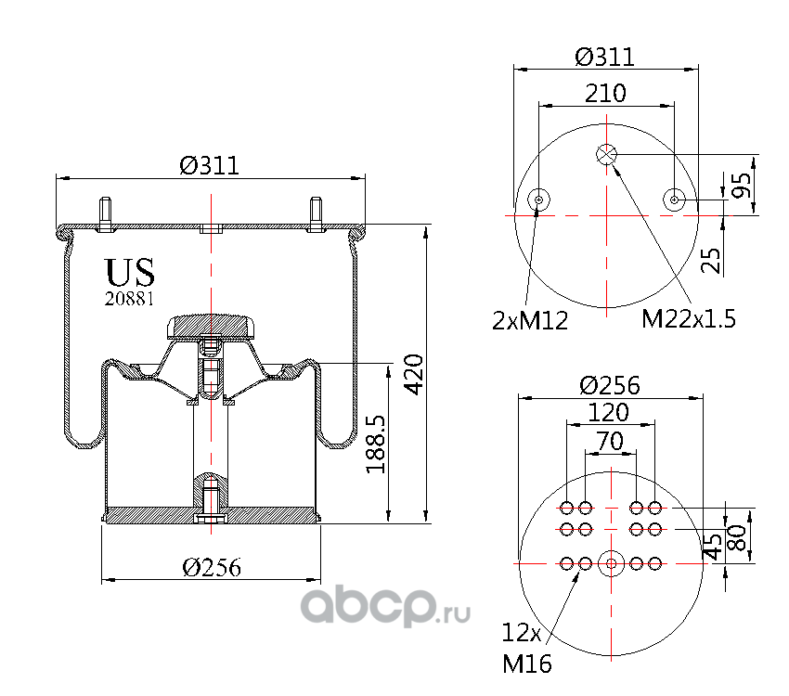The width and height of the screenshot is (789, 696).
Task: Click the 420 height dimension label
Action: click(x=415, y=374)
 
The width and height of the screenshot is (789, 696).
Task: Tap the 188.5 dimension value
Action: click(x=376, y=445)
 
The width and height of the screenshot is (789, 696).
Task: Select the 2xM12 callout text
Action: click(x=530, y=320)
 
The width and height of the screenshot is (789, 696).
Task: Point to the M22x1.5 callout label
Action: click(x=689, y=319)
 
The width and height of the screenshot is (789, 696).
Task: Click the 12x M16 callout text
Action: click(x=526, y=649)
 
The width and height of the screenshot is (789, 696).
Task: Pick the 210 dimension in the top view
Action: click(x=605, y=93)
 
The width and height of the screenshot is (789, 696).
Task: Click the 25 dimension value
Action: click(x=711, y=260)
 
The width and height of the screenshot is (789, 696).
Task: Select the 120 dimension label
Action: click(x=608, y=412)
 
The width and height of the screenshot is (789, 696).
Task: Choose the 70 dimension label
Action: click(x=611, y=441)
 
